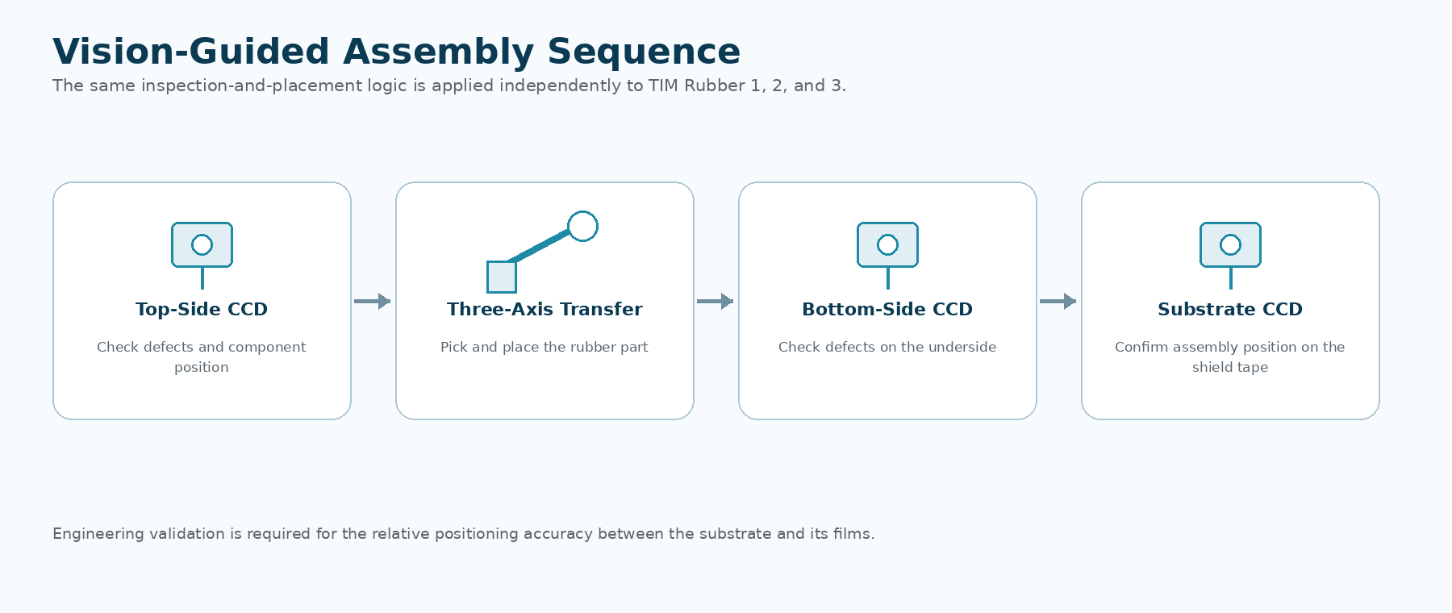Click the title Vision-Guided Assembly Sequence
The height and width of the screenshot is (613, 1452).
point(396,52)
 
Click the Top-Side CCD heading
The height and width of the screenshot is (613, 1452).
point(202,309)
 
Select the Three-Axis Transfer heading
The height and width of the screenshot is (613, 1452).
point(544,309)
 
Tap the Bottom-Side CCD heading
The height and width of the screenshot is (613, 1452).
point(887,309)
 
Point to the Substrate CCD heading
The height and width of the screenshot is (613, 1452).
point(1230,309)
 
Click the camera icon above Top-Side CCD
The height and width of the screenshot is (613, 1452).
point(202,245)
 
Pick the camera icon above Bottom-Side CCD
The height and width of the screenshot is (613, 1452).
point(887,245)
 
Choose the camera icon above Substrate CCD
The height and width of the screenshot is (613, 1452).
point(1230,245)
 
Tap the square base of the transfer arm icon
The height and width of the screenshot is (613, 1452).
point(502,277)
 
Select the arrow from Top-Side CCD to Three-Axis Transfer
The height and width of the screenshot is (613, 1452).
point(373,301)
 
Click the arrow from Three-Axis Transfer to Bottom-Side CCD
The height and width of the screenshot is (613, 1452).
point(716,301)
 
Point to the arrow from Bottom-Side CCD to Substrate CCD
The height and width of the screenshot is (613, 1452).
point(1058,301)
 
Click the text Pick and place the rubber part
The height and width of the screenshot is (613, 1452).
point(544,347)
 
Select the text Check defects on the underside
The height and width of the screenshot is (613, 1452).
point(887,347)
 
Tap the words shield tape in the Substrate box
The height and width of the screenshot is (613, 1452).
point(1230,367)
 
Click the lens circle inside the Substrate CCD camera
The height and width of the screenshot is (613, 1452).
point(1230,244)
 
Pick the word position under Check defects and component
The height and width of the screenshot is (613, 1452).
point(202,367)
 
